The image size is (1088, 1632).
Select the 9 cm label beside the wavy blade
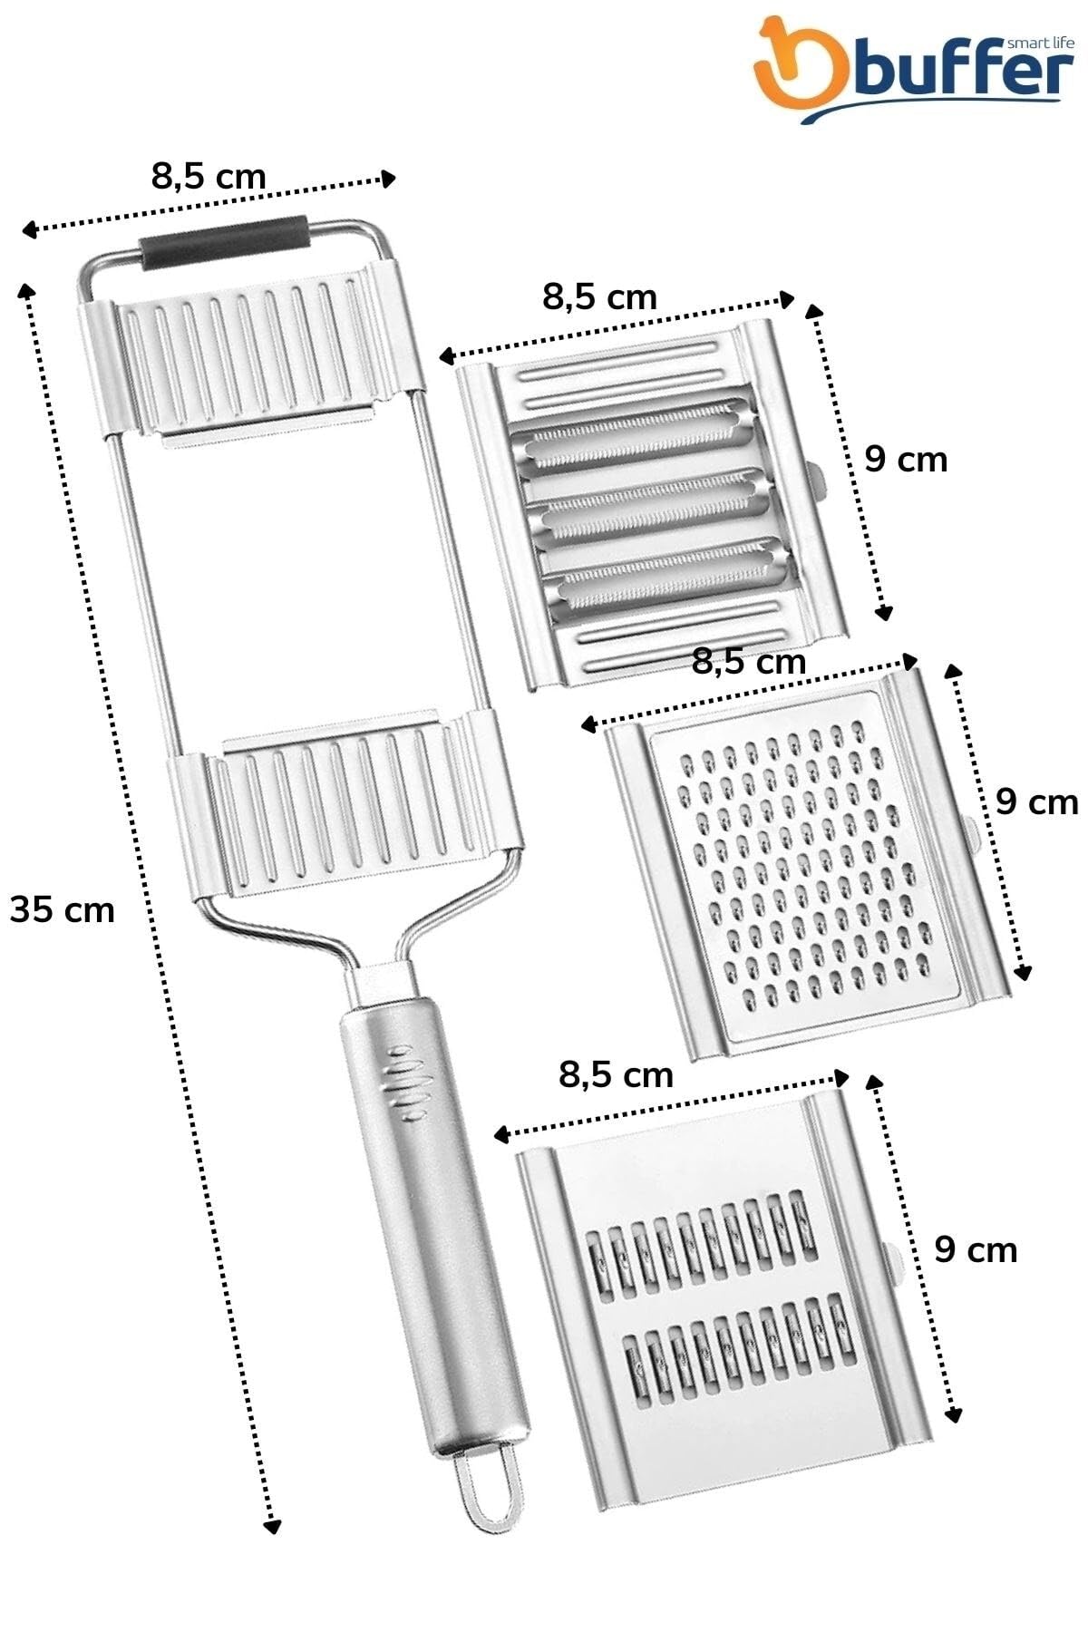click(x=905, y=460)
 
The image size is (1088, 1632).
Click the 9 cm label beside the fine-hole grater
click(x=1036, y=802)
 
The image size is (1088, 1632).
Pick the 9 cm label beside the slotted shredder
click(x=976, y=1250)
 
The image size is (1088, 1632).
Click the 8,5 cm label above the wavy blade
click(x=599, y=296)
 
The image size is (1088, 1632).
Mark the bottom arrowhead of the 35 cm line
click(x=270, y=1525)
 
